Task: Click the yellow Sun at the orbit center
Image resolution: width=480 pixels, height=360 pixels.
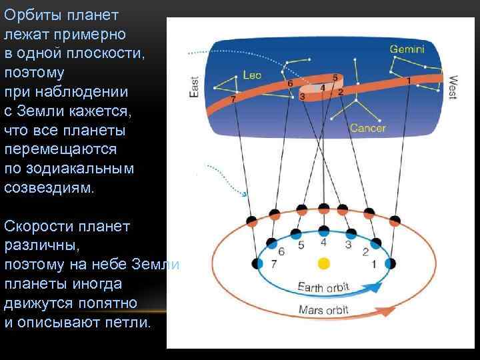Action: [x=323, y=264]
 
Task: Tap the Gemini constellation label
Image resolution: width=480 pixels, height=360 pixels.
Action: [x=407, y=49]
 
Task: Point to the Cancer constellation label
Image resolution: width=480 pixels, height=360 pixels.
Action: [x=367, y=127]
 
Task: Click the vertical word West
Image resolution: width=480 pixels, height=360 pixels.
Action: [x=453, y=87]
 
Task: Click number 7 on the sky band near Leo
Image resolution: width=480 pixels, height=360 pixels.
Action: [x=233, y=99]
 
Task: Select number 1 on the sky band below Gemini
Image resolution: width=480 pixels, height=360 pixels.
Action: [x=408, y=80]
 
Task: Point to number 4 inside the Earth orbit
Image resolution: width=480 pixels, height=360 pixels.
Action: [x=323, y=243]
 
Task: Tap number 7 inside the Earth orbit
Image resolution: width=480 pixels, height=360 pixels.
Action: [x=274, y=264]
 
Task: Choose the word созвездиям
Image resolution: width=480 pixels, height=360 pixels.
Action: [x=50, y=187]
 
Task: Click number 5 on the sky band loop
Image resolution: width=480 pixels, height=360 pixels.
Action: [x=334, y=77]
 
